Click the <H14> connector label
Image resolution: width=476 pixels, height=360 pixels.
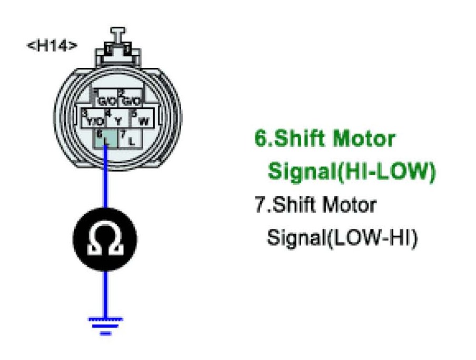[52, 45]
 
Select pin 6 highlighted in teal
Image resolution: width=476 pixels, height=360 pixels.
[105, 139]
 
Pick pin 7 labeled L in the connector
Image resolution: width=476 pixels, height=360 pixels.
[128, 139]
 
